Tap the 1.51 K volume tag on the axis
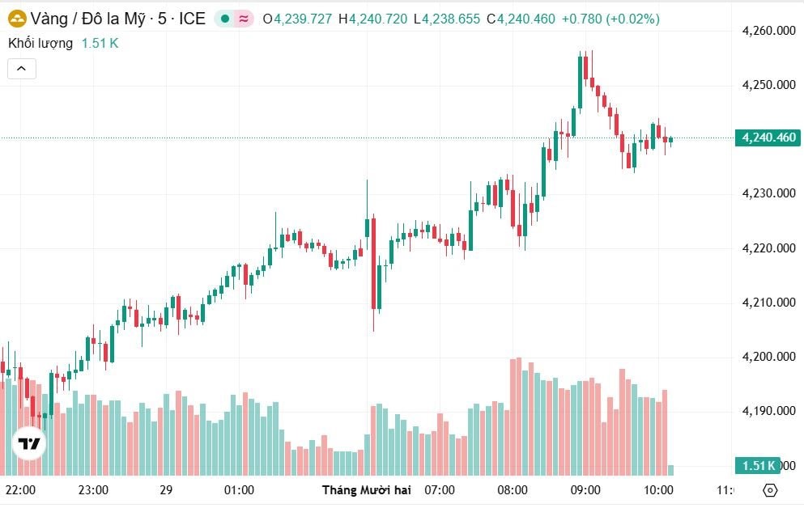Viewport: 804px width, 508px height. [758, 465]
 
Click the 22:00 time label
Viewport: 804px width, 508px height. [20, 490]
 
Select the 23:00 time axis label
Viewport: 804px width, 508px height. [93, 490]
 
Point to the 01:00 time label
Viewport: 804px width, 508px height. [239, 490]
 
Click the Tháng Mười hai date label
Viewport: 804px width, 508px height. [367, 490]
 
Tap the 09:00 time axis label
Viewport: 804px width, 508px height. [585, 490]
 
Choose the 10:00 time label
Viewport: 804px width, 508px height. [658, 490]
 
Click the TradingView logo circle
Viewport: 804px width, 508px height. [30, 443]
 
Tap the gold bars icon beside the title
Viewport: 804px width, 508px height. [16, 18]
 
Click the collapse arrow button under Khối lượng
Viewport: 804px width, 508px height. [22, 69]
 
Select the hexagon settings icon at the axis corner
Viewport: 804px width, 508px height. [770, 490]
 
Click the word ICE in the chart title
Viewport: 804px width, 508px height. [191, 18]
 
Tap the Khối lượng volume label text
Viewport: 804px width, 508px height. [40, 43]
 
